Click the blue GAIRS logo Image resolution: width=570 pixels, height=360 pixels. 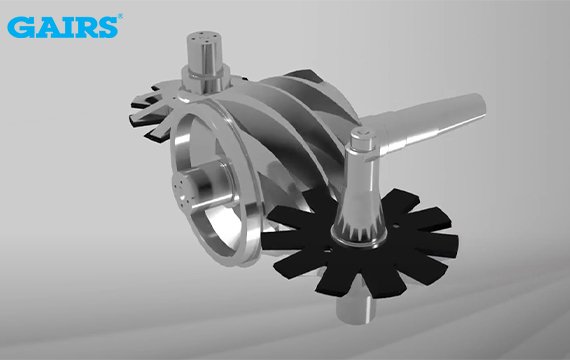63,27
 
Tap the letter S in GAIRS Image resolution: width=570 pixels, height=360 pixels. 107,27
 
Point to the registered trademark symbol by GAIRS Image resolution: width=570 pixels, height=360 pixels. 120,16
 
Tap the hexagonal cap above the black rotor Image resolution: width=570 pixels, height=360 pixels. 362,139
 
